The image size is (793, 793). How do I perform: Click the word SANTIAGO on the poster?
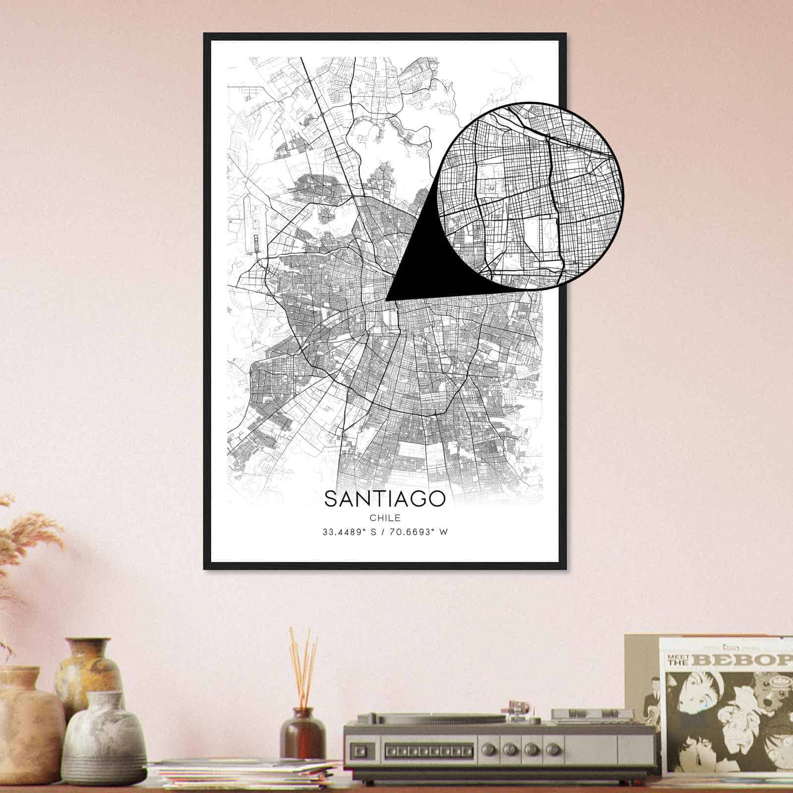click(x=385, y=499)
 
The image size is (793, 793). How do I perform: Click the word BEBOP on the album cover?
click(x=743, y=660)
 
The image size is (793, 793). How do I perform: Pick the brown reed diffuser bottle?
click(x=302, y=734)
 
